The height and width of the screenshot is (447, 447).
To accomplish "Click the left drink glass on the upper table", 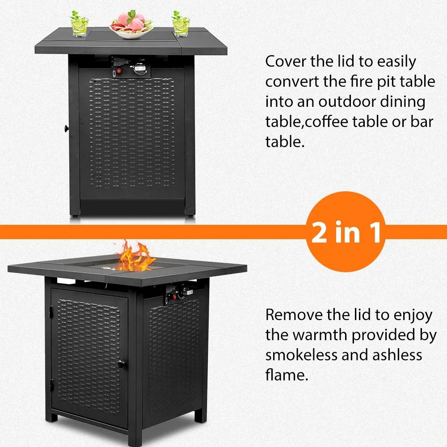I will [x=79, y=25].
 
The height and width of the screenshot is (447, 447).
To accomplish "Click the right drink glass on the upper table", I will [x=181, y=25].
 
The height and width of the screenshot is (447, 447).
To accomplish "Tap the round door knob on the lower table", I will [x=121, y=365].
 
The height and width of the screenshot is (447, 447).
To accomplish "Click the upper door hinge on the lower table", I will [x=51, y=310].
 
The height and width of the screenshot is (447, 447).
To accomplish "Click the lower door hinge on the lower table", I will [x=51, y=383].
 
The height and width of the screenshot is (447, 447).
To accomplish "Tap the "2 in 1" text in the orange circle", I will [x=346, y=233].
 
